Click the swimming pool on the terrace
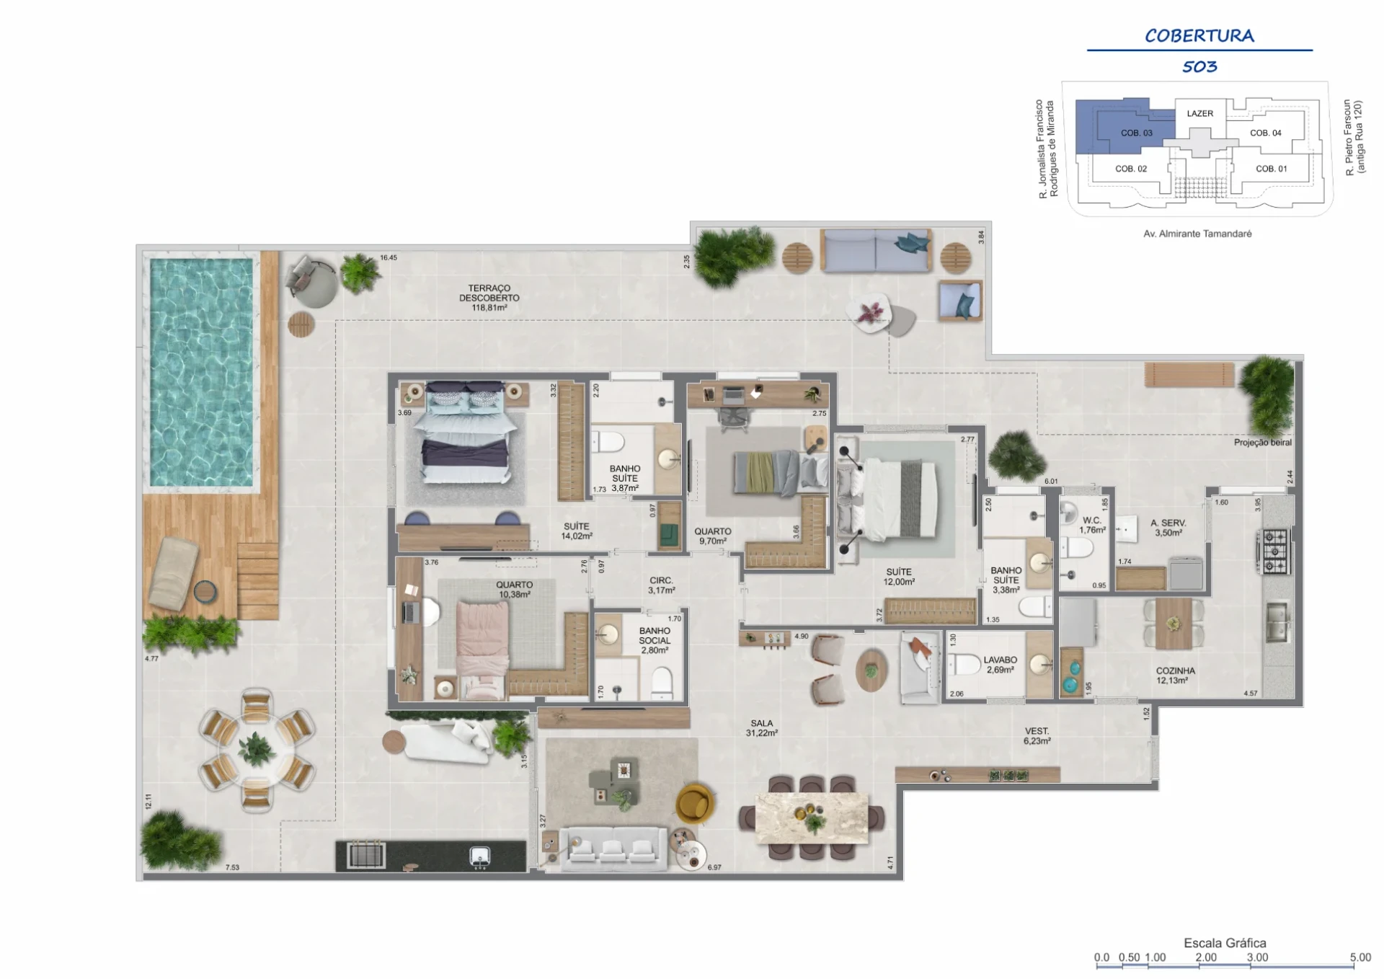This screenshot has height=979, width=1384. click(x=202, y=372)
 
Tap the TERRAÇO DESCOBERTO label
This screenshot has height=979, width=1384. click(x=489, y=298)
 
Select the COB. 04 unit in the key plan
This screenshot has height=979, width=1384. click(x=1266, y=133)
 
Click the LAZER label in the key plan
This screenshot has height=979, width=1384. click(x=1200, y=113)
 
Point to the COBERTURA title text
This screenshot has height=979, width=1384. click(x=1199, y=35)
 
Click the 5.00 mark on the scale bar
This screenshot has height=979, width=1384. click(x=1360, y=957)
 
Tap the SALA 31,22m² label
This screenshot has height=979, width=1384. click(x=762, y=728)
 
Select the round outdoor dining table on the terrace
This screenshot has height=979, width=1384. click(x=257, y=750)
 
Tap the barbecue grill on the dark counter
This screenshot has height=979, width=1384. click(x=367, y=855)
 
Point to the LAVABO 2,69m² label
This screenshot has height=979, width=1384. click(x=1001, y=665)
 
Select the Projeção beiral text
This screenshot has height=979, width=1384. click(x=1263, y=443)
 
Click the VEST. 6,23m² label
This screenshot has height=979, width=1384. click(x=1037, y=736)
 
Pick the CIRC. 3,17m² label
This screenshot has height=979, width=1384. click(x=661, y=585)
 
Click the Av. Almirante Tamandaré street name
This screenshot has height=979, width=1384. click(x=1197, y=234)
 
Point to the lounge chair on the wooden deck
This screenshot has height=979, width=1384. click(x=174, y=572)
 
